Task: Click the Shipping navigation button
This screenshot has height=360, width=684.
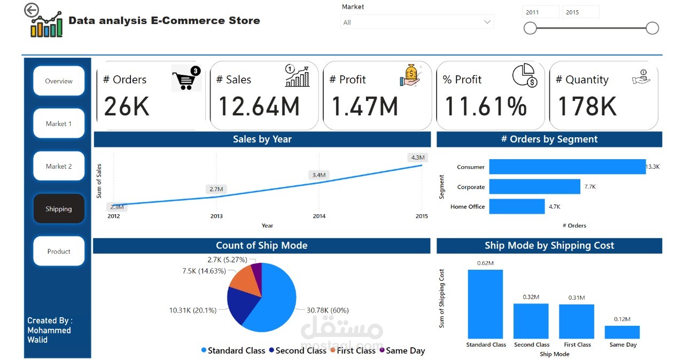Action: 59,209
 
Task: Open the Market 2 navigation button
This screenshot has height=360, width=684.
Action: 59,166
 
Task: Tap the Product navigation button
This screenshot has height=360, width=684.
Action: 59,252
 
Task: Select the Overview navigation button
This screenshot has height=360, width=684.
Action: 59,81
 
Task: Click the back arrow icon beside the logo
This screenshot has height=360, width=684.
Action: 32,10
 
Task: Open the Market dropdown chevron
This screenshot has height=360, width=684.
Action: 487,22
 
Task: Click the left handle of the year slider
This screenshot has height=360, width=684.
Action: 530,28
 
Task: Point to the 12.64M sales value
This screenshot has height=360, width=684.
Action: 259,106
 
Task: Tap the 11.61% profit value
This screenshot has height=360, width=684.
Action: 486,106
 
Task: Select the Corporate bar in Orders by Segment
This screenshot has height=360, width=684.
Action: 535,186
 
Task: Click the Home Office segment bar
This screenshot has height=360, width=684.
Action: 517,206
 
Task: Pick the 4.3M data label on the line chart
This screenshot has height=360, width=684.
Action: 418,158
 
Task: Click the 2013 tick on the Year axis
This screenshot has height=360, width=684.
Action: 216,216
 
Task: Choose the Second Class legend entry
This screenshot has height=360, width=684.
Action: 298,350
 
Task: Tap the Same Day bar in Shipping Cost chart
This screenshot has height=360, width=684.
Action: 622,332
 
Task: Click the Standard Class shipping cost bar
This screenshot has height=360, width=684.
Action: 485,304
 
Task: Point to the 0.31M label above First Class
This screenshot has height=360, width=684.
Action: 577,298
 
